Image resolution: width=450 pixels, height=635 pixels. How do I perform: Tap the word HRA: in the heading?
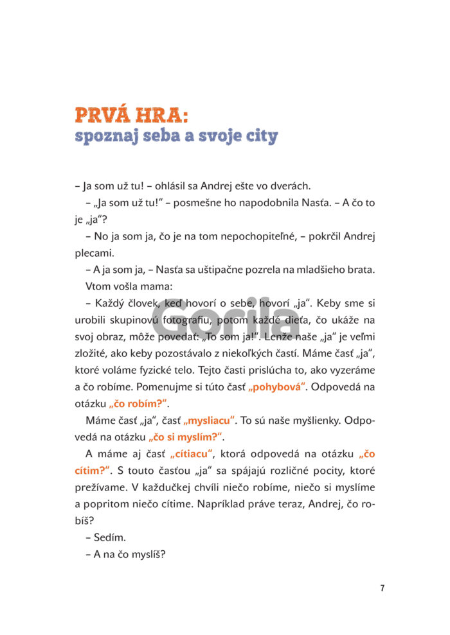click(162, 116)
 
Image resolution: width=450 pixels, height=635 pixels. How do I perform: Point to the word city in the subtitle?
click(262, 136)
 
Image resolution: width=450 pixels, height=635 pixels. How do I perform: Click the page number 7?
click(382, 588)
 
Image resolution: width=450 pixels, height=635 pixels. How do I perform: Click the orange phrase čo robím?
click(138, 404)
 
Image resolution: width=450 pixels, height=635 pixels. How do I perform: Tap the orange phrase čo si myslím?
click(184, 437)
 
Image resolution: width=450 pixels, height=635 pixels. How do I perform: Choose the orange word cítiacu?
click(191, 454)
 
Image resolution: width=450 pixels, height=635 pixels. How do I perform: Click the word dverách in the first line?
click(292, 186)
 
